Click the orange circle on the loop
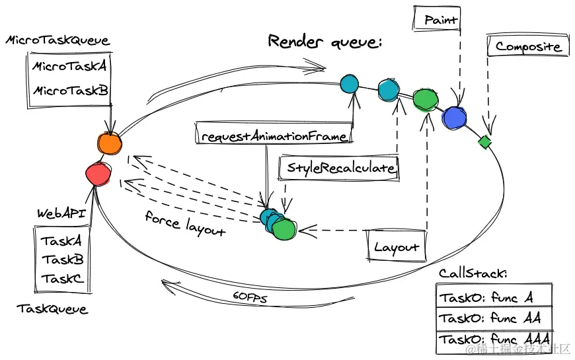click(110, 144)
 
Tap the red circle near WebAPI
click(98, 174)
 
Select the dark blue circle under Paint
click(454, 118)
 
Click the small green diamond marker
click(485, 142)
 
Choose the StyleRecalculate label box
click(338, 168)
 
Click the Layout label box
click(397, 246)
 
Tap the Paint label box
click(437, 18)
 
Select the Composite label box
click(528, 46)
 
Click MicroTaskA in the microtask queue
click(69, 66)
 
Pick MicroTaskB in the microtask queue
click(71, 90)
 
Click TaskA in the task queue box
click(61, 241)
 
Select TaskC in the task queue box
click(62, 279)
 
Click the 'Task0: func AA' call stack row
click(494, 318)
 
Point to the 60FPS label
click(250, 297)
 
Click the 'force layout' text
click(185, 223)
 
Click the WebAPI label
click(61, 213)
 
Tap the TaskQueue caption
click(52, 308)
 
